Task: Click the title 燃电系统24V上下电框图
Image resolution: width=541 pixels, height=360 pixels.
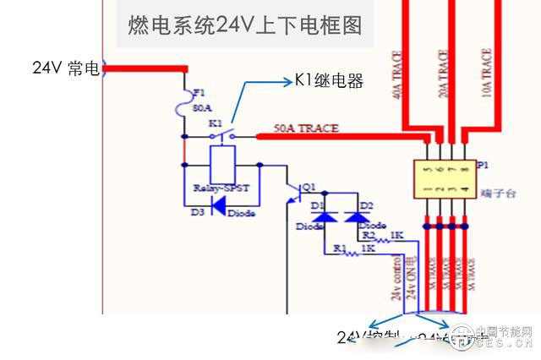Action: tap(244, 25)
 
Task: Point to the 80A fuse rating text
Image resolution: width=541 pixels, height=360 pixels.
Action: tap(202, 109)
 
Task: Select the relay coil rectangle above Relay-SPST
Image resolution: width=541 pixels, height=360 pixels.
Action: tap(222, 162)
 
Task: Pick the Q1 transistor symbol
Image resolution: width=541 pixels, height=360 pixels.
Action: tap(296, 191)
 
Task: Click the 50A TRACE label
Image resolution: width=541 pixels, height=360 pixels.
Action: tap(306, 128)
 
